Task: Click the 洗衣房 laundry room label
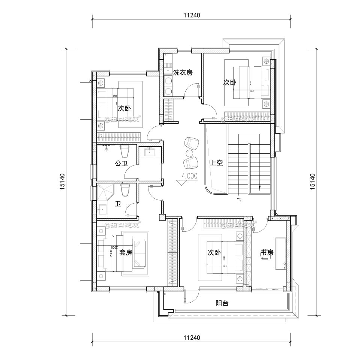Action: pyautogui.click(x=183, y=73)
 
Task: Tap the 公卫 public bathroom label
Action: pyautogui.click(x=121, y=163)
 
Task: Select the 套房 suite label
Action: pyautogui.click(x=126, y=253)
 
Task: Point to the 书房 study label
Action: pyautogui.click(x=267, y=253)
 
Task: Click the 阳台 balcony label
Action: pyautogui.click(x=222, y=303)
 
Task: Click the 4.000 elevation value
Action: pyautogui.click(x=189, y=175)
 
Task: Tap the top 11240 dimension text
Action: pyautogui.click(x=192, y=15)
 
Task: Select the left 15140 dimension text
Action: pyautogui.click(x=62, y=181)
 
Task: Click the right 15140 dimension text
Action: pyautogui.click(x=312, y=181)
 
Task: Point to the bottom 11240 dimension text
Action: pyautogui.click(x=192, y=337)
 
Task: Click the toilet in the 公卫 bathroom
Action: pyautogui.click(x=125, y=151)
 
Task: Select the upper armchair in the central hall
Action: pyautogui.click(x=191, y=143)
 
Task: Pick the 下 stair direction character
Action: pyautogui.click(x=239, y=200)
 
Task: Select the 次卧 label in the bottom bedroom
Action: pyautogui.click(x=214, y=253)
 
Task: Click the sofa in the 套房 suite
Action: pyautogui.click(x=140, y=253)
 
